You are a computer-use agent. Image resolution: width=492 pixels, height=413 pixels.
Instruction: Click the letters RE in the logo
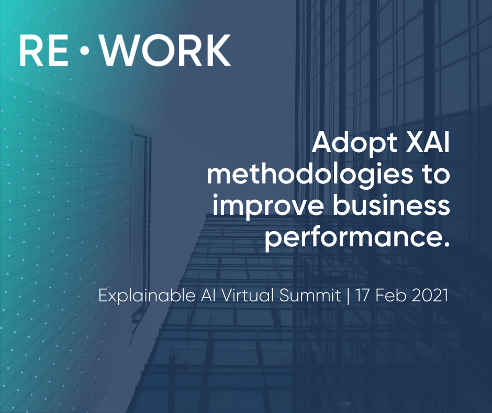coord(43,50)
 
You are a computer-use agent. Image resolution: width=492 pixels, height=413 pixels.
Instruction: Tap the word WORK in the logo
coord(166,50)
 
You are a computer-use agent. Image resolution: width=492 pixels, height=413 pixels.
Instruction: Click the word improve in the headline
coord(269,208)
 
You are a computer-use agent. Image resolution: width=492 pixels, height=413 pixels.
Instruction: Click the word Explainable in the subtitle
coord(147,296)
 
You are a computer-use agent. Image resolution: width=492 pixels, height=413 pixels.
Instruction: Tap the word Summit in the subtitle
coord(310,295)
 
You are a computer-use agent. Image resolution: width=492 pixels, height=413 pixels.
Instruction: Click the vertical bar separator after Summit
coord(348,296)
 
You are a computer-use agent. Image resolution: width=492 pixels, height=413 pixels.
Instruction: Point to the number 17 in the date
coord(362,296)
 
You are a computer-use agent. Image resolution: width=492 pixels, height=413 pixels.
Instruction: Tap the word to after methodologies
coord(435,176)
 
